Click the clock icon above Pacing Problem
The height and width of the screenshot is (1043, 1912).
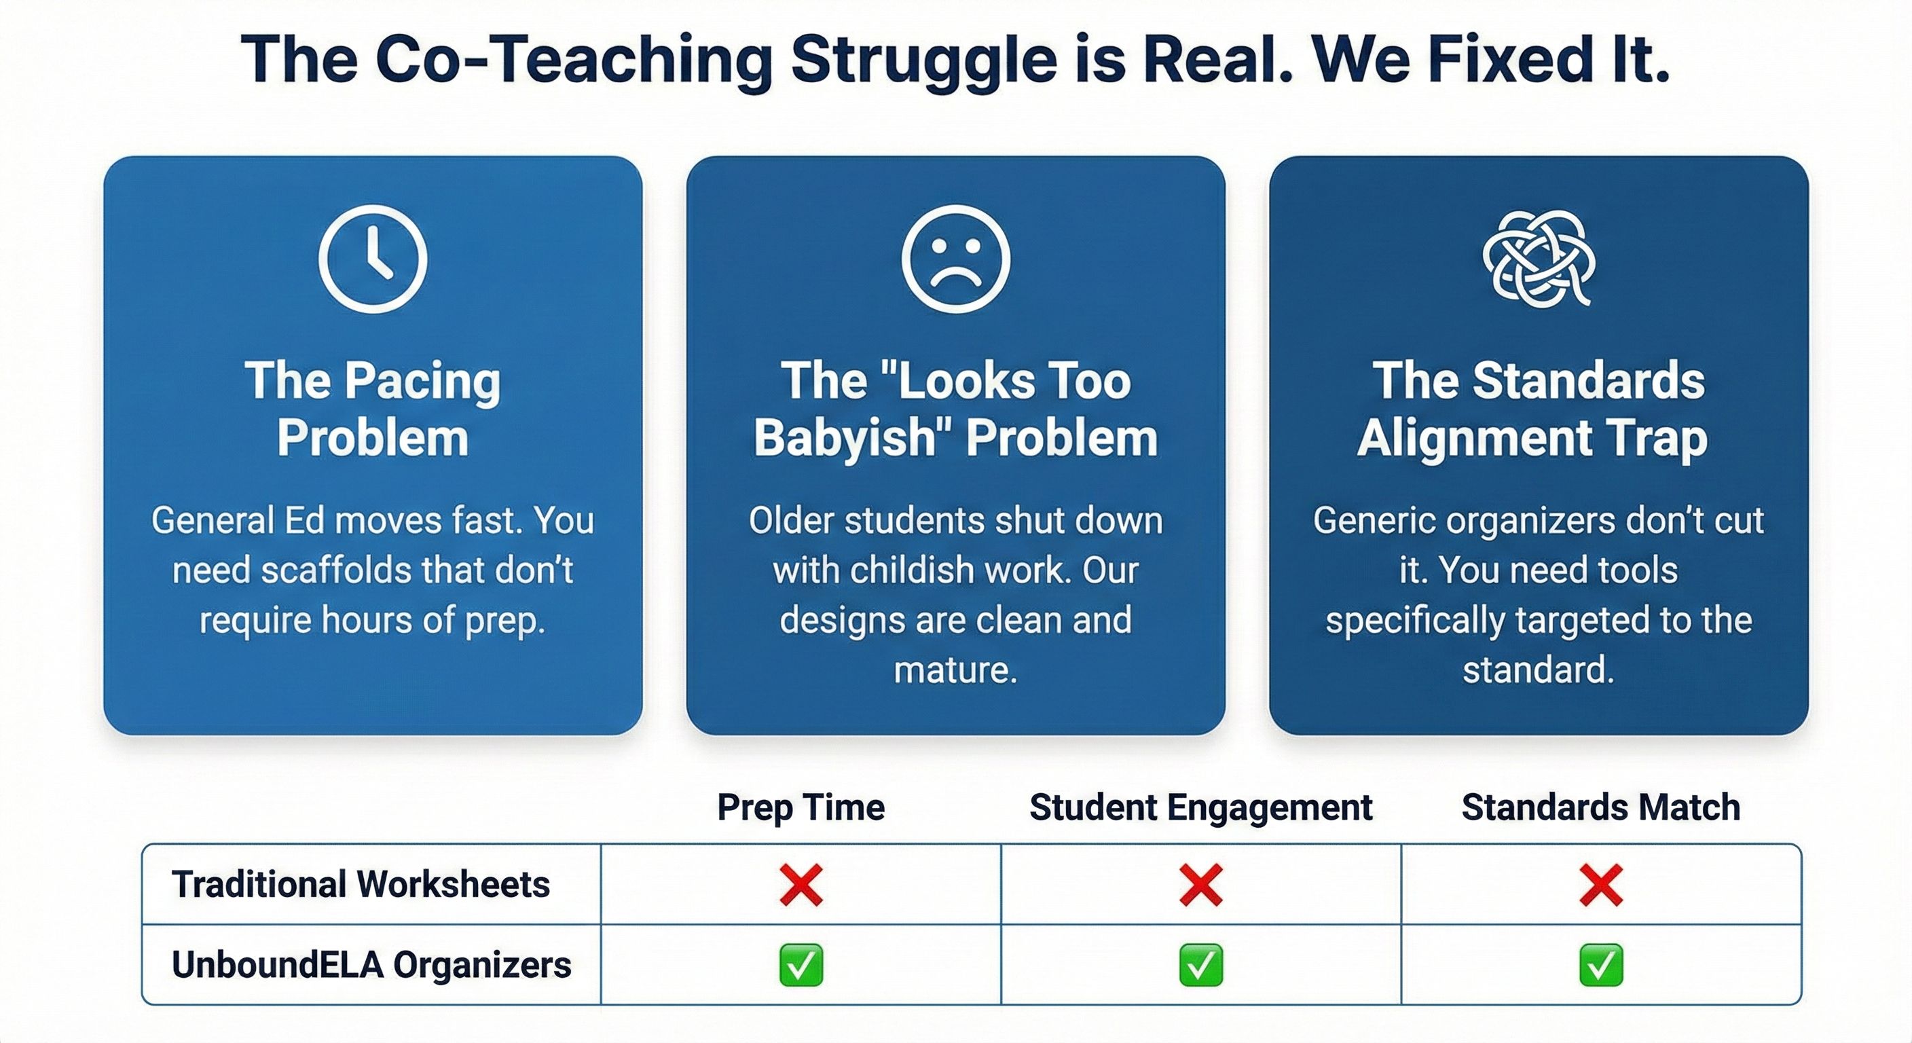pos(373,258)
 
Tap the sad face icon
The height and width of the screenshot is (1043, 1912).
pos(955,258)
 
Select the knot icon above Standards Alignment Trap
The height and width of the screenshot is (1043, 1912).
pos(1539,258)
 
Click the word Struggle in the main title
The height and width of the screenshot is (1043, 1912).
pos(923,61)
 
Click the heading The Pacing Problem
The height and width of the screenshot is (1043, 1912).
pos(373,408)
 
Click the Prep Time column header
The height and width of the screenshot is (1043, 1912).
pos(801,807)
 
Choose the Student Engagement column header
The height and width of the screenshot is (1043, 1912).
pos(1201,807)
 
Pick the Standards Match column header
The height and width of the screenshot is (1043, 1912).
pos(1601,807)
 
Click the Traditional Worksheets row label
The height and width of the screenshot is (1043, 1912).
pos(361,884)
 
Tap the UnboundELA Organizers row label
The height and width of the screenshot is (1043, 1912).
pos(371,965)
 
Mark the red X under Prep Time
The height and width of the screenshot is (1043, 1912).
pos(801,885)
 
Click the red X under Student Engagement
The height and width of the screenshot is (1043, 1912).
pos(1201,885)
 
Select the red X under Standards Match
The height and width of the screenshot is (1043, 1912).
pos(1601,885)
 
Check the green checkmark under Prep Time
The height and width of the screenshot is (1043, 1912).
pos(801,965)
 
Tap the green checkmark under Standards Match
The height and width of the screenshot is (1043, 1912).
pos(1601,965)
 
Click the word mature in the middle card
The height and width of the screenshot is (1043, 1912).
pos(955,670)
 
